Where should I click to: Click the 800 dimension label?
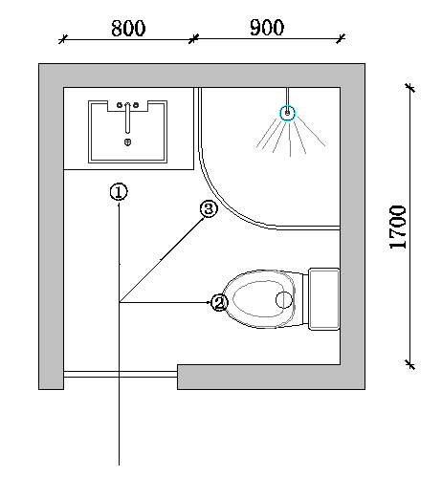tap(128, 28)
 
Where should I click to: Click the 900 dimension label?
tap(267, 28)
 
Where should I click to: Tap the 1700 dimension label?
tap(398, 227)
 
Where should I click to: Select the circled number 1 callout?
tap(119, 192)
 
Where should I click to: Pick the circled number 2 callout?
tap(219, 303)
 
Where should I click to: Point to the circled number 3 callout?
tap(209, 209)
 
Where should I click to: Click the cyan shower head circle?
tap(288, 113)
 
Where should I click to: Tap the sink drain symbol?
tap(127, 141)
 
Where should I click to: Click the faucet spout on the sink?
tap(127, 118)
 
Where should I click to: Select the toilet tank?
tap(323, 299)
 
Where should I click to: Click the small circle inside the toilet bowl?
tap(283, 300)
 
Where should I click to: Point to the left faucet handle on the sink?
tap(120, 105)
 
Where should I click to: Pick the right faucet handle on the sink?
tap(136, 105)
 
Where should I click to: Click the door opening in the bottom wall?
tap(121, 374)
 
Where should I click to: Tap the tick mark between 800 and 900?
tap(193, 39)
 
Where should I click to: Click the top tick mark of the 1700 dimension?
tap(410, 87)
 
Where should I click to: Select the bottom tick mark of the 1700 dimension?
tap(410, 364)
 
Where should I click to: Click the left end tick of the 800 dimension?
tap(63, 39)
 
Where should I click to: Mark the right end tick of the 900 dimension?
tap(341, 38)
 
